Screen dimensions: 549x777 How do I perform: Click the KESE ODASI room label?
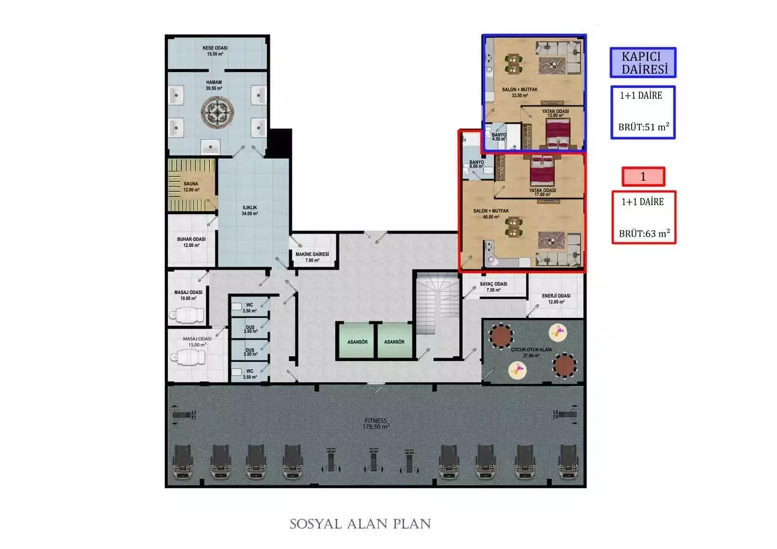pyautogui.click(x=216, y=51)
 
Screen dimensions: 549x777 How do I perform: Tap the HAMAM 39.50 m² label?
pyautogui.click(x=214, y=85)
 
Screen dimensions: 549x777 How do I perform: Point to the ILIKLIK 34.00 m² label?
pyautogui.click(x=250, y=210)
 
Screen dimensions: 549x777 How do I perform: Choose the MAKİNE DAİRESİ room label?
pyautogui.click(x=313, y=257)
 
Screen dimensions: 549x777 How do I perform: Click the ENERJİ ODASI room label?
pyautogui.click(x=556, y=299)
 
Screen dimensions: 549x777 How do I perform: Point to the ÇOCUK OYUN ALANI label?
pyautogui.click(x=524, y=353)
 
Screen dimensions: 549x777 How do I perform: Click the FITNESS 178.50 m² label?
pyautogui.click(x=375, y=423)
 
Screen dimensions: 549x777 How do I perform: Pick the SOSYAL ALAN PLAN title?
pyautogui.click(x=360, y=523)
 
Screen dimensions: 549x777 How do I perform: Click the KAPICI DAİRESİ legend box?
pyautogui.click(x=643, y=63)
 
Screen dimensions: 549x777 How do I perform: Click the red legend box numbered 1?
pyautogui.click(x=643, y=176)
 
